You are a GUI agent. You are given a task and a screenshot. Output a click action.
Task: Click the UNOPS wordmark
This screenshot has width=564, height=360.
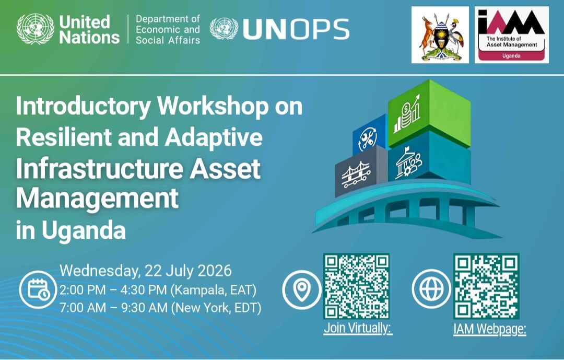(x=296, y=29)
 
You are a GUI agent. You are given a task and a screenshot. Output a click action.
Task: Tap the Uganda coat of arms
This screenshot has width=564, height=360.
(x=440, y=35)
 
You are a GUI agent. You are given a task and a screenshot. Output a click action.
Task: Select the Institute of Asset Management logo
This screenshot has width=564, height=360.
(x=511, y=35)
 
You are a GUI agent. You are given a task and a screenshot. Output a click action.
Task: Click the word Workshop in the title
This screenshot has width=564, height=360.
(x=213, y=107)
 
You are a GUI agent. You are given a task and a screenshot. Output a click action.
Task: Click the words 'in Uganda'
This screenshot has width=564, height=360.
(x=71, y=230)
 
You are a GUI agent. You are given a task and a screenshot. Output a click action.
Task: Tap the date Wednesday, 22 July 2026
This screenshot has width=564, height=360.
(x=146, y=271)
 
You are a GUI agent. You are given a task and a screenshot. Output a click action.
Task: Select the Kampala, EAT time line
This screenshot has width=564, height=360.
(x=158, y=290)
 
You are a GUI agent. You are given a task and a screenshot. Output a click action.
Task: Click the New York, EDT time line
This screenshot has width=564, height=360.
(x=160, y=308)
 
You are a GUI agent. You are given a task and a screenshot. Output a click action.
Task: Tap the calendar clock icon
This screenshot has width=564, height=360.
(x=38, y=289)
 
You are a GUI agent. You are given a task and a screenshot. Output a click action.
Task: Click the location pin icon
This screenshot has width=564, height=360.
(x=301, y=289)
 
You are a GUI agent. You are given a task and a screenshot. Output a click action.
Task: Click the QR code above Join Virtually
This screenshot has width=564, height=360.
(x=357, y=286)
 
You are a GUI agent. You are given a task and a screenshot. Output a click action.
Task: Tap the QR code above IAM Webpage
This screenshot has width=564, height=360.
(x=486, y=286)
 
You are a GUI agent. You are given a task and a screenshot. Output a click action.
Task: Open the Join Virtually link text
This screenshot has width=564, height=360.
(x=358, y=328)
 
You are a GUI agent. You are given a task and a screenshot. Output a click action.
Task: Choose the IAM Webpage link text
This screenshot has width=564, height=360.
(x=490, y=329)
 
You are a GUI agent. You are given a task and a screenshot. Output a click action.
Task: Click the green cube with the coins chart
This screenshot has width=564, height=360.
(x=429, y=113)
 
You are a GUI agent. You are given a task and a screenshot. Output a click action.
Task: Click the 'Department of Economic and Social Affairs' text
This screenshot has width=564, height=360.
(x=168, y=29)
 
